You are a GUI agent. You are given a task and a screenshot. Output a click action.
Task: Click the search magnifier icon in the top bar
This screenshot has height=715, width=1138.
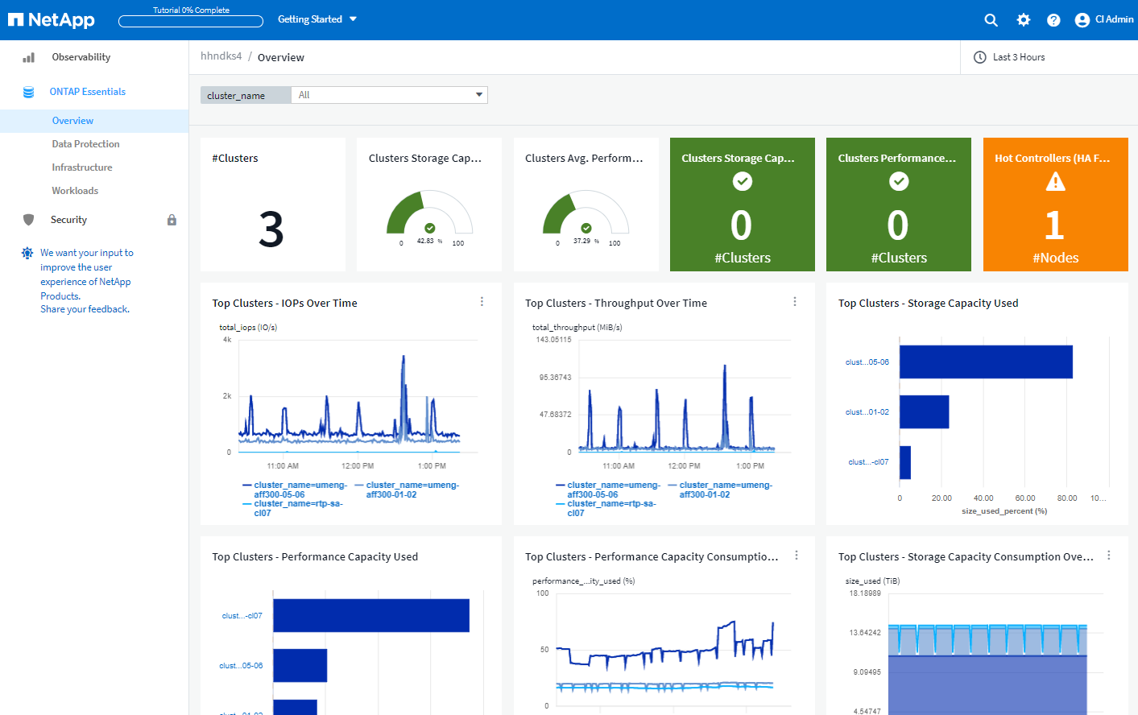(x=991, y=20)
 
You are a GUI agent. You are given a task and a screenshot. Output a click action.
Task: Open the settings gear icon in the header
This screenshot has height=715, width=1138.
(x=1023, y=20)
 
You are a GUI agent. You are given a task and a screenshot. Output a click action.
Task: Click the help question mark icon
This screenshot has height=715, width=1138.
(x=1053, y=20)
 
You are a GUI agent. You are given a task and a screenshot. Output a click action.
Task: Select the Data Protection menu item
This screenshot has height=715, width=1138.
(x=85, y=144)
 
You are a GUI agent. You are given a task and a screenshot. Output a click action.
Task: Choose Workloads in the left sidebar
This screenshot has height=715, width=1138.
(x=75, y=191)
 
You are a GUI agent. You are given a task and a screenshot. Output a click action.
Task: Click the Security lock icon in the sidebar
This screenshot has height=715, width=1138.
(x=172, y=220)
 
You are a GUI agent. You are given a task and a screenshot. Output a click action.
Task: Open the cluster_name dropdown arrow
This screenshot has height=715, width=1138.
(x=479, y=95)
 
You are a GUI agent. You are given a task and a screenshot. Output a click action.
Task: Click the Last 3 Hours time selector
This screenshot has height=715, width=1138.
(x=1018, y=57)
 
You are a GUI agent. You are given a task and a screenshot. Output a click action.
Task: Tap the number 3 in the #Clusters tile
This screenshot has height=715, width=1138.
(x=271, y=229)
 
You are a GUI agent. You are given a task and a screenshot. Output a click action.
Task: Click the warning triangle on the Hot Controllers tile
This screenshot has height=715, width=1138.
(x=1055, y=183)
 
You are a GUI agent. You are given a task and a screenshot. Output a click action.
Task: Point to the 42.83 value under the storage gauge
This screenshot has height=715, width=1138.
(x=425, y=241)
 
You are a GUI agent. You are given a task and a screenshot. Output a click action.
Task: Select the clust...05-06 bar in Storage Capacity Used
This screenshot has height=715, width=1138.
(x=986, y=362)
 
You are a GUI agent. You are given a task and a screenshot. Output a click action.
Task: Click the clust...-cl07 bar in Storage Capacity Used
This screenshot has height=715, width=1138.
(x=905, y=462)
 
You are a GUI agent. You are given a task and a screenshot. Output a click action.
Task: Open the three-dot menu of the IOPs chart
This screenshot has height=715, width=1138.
(x=482, y=302)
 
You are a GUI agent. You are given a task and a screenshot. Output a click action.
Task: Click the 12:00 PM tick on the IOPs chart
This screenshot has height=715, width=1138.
(x=358, y=466)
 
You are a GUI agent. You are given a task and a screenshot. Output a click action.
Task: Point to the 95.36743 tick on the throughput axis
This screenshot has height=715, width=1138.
(x=555, y=378)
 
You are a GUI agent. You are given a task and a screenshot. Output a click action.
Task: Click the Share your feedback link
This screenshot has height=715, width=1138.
(x=85, y=309)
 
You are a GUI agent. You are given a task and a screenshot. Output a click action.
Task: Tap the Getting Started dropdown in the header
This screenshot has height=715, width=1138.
(x=317, y=19)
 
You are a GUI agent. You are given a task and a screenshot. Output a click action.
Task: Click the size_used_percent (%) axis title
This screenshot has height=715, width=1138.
(x=1004, y=511)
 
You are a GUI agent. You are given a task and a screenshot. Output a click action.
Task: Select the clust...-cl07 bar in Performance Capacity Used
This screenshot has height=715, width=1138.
(x=371, y=615)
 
